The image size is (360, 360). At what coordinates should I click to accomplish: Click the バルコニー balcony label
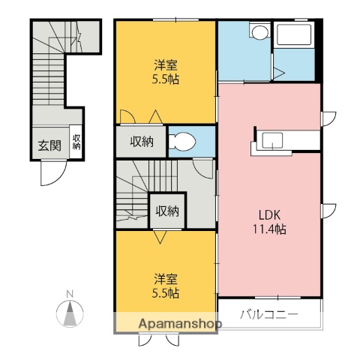click(269, 313)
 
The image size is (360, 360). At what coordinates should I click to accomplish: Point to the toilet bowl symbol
click(182, 141)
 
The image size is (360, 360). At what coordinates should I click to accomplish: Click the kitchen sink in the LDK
click(273, 140)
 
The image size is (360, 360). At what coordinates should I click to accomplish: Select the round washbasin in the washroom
click(259, 32)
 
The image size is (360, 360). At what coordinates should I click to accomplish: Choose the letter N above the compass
click(70, 293)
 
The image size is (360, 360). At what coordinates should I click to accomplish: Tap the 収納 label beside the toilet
click(142, 140)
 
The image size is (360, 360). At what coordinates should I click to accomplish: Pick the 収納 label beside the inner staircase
click(167, 211)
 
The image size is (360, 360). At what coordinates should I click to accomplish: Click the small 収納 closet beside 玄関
click(76, 142)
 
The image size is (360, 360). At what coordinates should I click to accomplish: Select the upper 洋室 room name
click(166, 65)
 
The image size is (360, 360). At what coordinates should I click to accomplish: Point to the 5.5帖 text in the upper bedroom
click(166, 79)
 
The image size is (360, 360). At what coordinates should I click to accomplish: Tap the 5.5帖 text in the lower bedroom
click(166, 293)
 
